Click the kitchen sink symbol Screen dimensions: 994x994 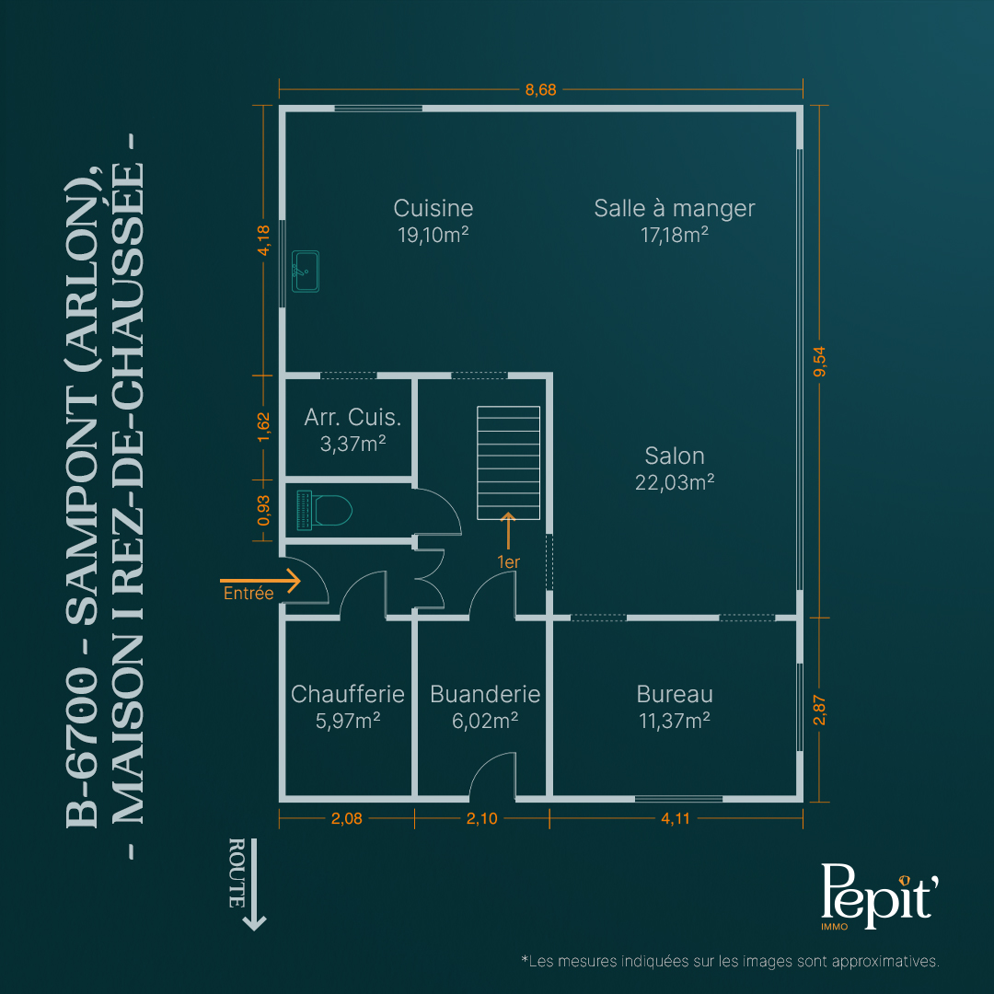pyautogui.click(x=305, y=272)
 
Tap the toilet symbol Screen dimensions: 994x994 pyautogui.click(x=324, y=510)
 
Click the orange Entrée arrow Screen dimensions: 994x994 pyautogui.click(x=260, y=580)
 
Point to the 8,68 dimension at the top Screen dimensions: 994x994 pyautogui.click(x=541, y=90)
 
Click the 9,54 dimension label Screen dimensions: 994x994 pyautogui.click(x=820, y=362)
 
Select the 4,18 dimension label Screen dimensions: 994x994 pyautogui.click(x=264, y=240)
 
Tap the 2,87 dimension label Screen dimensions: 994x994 pyautogui.click(x=820, y=710)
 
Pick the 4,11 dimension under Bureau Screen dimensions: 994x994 pyautogui.click(x=676, y=818)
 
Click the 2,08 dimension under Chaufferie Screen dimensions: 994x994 pyautogui.click(x=347, y=818)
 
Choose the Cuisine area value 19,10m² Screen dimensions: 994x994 pyautogui.click(x=433, y=236)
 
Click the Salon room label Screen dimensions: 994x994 pyautogui.click(x=675, y=456)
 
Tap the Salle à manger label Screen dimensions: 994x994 pyautogui.click(x=675, y=209)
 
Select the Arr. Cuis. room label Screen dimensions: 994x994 pyautogui.click(x=353, y=417)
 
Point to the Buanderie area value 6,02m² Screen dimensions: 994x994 pyautogui.click(x=485, y=721)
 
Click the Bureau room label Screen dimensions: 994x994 pyautogui.click(x=675, y=694)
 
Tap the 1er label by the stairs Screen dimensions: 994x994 pyautogui.click(x=508, y=562)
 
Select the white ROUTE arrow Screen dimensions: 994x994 pyautogui.click(x=254, y=885)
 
